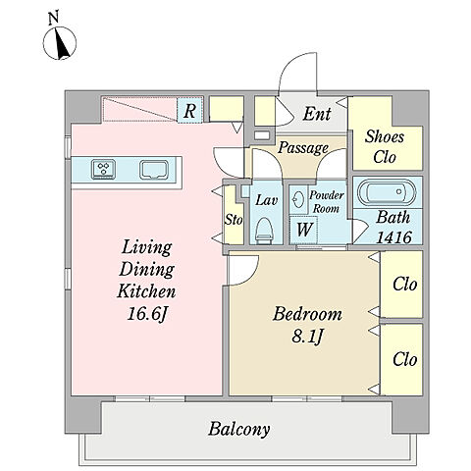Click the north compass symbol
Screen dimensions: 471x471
point(60,43)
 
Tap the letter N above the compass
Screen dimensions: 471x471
point(53,19)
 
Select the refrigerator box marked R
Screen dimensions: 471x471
point(189,110)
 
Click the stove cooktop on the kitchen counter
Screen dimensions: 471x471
point(104,169)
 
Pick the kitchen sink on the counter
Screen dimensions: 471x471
point(154,170)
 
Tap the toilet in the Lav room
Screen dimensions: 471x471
point(264,230)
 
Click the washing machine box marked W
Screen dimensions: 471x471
point(303,229)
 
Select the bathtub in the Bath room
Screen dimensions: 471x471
point(387,192)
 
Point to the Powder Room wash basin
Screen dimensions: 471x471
point(298,199)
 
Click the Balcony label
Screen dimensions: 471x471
point(239,429)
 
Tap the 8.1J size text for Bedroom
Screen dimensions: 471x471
point(307,336)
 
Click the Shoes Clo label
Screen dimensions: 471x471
point(385,146)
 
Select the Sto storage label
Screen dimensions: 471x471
point(234,220)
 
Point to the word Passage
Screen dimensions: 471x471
point(303,148)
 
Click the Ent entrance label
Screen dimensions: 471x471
point(317,114)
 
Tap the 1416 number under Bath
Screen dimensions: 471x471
point(393,237)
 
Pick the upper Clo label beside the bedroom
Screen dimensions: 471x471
point(405,284)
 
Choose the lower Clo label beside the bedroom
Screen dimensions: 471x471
point(405,359)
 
